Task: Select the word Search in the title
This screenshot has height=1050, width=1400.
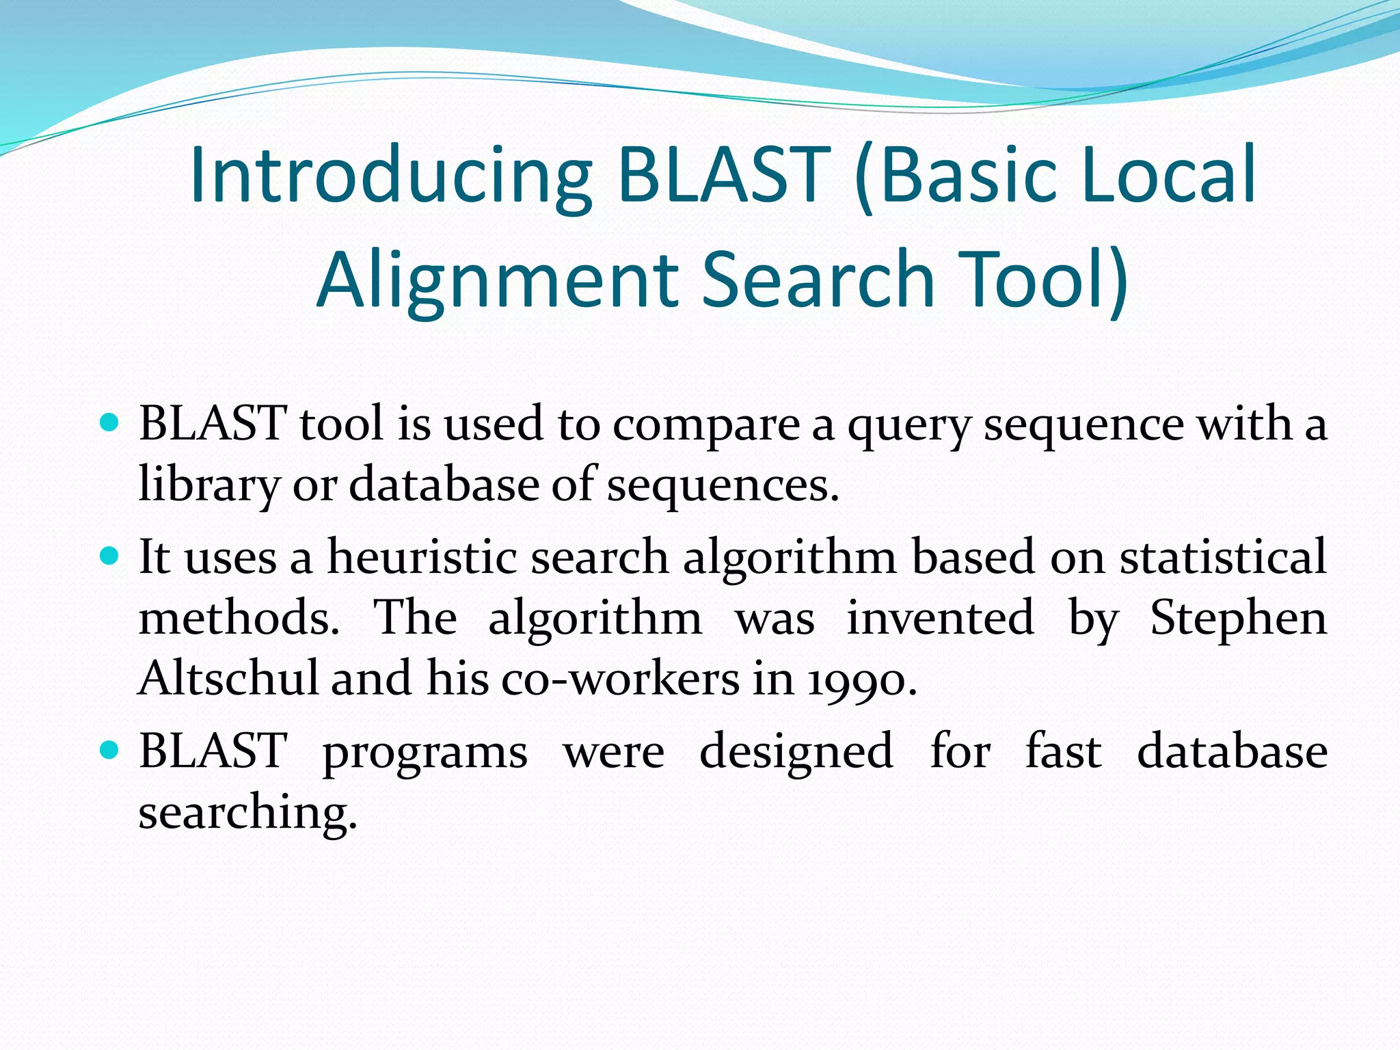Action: point(818,280)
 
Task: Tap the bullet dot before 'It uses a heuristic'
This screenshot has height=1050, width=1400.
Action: point(109,555)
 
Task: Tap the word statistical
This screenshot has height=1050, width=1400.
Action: point(1223,556)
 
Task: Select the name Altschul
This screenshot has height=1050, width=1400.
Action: point(228,679)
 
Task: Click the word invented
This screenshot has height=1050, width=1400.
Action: point(941,618)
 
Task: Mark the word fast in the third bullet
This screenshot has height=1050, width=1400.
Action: point(1063,751)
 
